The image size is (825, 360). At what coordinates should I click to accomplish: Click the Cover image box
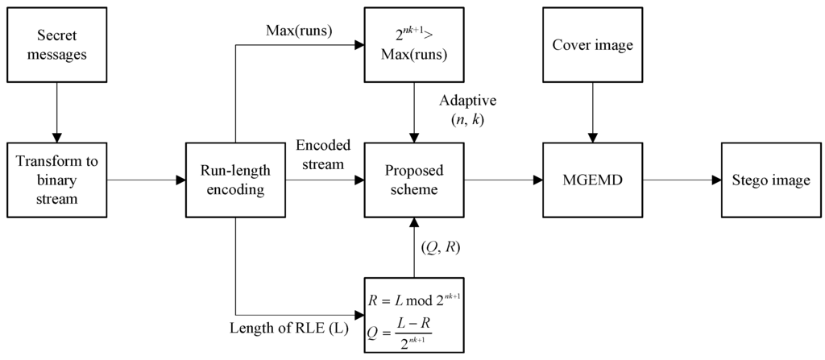point(592,45)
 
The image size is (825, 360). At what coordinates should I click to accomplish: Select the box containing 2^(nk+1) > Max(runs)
point(413,45)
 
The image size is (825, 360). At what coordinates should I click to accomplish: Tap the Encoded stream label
point(322,155)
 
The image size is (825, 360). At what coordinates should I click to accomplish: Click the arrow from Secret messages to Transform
point(56,112)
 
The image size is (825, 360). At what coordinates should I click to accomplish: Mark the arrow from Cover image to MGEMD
point(592,112)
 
